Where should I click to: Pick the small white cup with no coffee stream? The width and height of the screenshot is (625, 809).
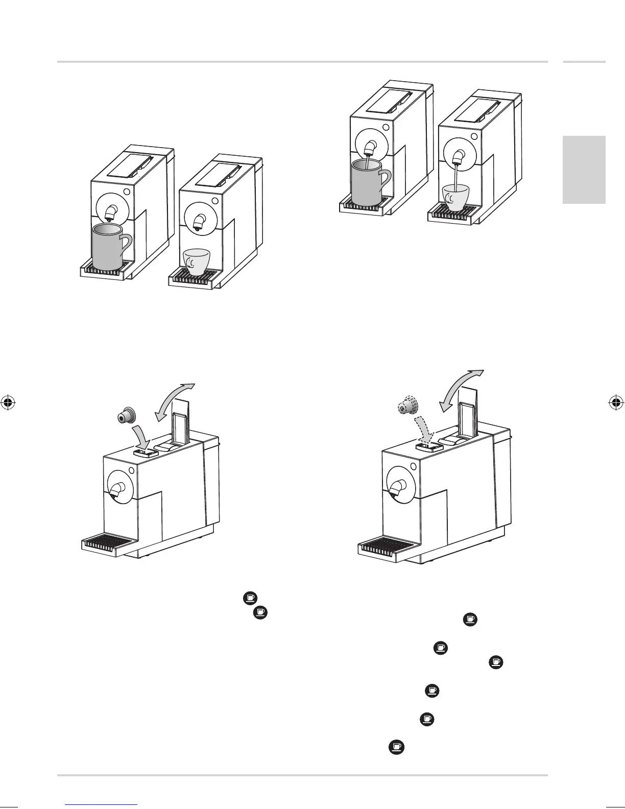[x=197, y=260]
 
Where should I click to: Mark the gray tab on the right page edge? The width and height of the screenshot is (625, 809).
[x=584, y=170]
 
